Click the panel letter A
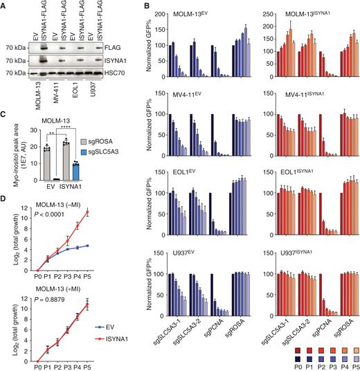pos(5,6)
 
